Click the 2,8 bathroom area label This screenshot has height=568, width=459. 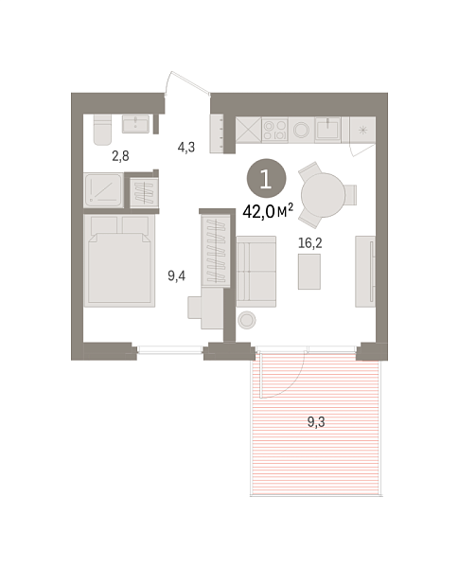tap(120, 156)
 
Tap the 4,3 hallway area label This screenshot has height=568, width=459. tap(186, 147)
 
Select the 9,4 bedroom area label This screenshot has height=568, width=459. tap(176, 276)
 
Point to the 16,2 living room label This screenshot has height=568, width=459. tap(310, 243)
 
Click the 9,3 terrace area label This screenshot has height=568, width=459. tap(316, 422)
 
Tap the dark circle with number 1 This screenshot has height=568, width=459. tap(266, 179)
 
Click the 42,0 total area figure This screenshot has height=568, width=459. tap(258, 212)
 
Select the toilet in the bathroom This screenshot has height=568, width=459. tap(102, 130)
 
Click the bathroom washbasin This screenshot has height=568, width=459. tap(135, 124)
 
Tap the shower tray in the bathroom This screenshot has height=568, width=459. tap(103, 191)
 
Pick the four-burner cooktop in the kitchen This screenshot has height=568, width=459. tap(274, 130)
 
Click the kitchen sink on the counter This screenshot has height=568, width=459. tap(327, 129)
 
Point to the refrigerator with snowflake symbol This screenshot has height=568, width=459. tap(362, 130)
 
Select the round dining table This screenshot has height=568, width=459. tap(323, 195)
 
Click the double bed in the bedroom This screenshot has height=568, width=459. tap(119, 261)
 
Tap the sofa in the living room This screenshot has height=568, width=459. tap(256, 272)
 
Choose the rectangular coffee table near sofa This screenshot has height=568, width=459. tap(309, 272)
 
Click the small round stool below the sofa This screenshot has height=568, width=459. tap(247, 320)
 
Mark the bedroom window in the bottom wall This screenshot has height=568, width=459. tap(170, 349)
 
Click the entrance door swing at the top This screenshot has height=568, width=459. tap(187, 82)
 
